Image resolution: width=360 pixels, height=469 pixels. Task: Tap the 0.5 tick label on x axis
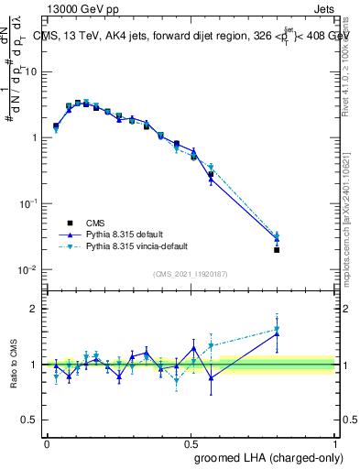pyautogui.click(x=191, y=442)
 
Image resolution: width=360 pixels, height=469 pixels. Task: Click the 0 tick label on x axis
pyautogui.click(x=47, y=442)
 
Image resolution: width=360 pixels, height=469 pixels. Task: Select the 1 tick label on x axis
pyautogui.click(x=334, y=442)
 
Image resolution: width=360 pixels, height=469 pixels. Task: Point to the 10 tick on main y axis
pyautogui.click(x=33, y=71)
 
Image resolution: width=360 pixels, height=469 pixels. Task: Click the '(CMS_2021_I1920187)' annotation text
pyautogui.click(x=191, y=274)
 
